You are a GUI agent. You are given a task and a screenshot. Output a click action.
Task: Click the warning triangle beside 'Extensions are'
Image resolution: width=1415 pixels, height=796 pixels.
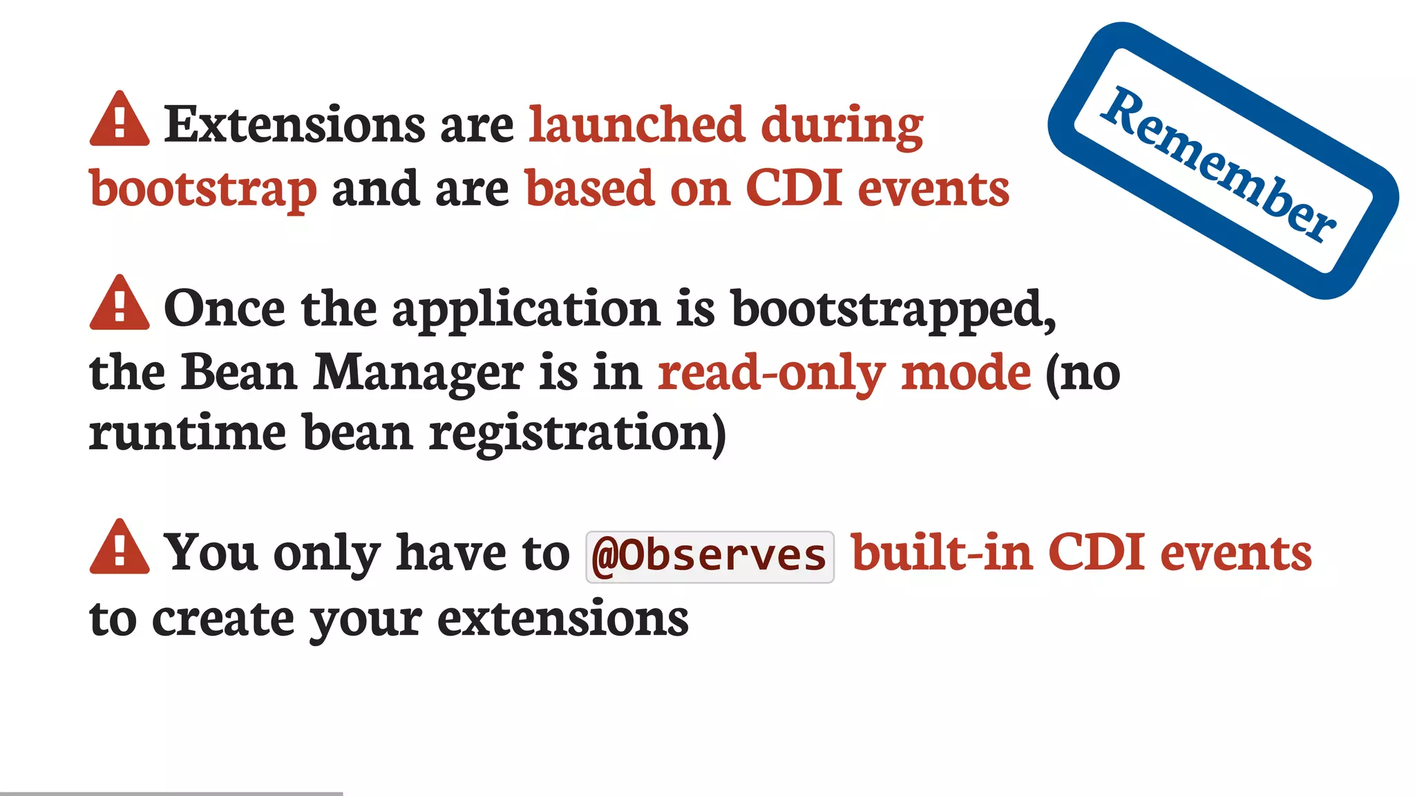click(x=120, y=121)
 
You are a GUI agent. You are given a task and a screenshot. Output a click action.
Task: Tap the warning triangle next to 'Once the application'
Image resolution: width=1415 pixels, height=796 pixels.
click(x=120, y=305)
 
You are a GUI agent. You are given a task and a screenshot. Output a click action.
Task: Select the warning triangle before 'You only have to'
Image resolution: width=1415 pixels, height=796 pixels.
click(x=120, y=549)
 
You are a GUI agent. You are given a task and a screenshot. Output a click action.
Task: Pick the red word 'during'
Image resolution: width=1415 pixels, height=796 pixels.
click(x=842, y=126)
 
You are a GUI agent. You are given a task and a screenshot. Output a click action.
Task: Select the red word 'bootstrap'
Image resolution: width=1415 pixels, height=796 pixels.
click(x=203, y=189)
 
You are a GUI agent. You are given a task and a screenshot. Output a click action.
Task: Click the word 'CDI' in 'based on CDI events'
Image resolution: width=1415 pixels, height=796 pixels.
click(x=794, y=188)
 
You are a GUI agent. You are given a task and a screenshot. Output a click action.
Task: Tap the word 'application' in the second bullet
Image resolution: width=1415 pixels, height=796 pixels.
click(x=526, y=310)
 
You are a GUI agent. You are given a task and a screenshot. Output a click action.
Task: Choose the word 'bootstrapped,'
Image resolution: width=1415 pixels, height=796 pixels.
click(x=893, y=310)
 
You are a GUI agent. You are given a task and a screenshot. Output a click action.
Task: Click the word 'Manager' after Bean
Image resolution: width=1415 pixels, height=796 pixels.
click(x=418, y=374)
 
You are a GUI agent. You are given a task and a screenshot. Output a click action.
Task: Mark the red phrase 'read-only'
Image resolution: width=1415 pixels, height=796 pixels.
click(x=771, y=374)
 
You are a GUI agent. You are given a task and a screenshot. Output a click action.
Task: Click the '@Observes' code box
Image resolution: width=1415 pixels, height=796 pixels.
click(x=710, y=556)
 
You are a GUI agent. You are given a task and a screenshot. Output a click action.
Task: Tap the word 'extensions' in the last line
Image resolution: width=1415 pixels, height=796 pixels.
click(x=563, y=618)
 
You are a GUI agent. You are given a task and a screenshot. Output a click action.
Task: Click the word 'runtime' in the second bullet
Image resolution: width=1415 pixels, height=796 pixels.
click(x=187, y=433)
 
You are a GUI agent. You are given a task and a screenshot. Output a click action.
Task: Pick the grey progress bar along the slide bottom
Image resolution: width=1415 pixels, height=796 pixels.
click(x=171, y=793)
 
